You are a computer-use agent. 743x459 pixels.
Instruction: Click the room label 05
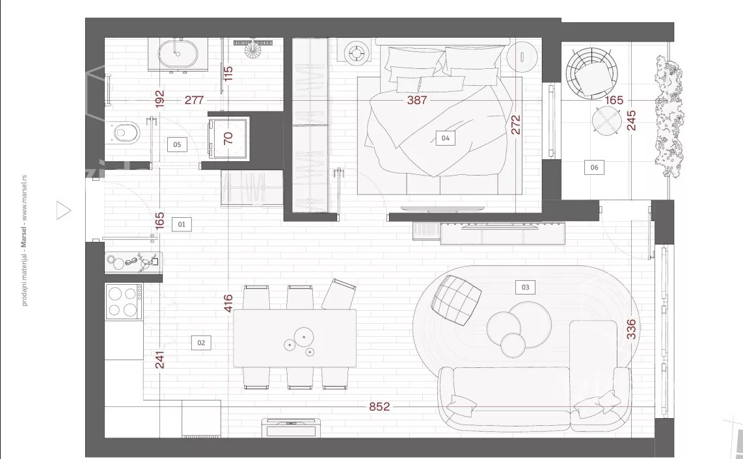point(177,144)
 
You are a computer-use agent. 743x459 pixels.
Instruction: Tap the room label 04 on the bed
point(446,138)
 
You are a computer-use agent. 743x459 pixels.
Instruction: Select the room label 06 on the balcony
point(594,167)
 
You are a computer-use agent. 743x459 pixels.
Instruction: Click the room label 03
point(525,287)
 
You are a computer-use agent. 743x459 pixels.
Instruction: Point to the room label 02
point(201,343)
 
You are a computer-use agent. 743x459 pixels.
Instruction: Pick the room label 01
point(182,224)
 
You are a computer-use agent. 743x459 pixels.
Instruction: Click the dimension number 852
point(379,406)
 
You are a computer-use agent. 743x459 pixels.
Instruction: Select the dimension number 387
point(417,100)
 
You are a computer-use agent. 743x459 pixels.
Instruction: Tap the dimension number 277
point(195,100)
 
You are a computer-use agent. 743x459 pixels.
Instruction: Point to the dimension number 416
point(228,303)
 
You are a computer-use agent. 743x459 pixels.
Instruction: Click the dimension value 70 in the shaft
point(228,138)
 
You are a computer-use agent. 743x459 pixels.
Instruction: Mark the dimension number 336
point(631,329)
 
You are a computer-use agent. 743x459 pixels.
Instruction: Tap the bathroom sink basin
point(178,53)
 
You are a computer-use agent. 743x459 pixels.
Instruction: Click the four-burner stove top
point(123,302)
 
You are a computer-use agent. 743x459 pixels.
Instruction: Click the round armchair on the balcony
point(592,72)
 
